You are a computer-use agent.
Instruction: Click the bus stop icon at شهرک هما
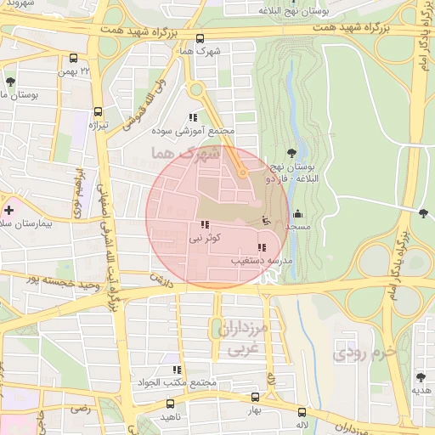coord(201,38)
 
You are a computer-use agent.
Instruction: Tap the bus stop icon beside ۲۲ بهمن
coord(74,59)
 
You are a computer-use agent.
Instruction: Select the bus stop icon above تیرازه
coord(99,111)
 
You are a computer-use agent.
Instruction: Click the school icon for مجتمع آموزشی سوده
coord(193,118)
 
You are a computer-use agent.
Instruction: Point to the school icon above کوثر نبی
coord(204,225)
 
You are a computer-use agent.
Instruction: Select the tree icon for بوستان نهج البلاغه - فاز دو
coord(292,153)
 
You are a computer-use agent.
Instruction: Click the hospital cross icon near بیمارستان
coord(8,209)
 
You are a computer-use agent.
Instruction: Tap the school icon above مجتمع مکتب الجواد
coord(178,370)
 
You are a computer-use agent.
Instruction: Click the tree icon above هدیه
coord(420,376)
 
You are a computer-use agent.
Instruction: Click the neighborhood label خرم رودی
coord(364,350)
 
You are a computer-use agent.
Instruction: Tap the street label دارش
coord(161,278)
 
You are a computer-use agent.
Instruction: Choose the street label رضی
coord(80,409)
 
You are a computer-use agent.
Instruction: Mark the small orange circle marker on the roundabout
coord(242,172)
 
